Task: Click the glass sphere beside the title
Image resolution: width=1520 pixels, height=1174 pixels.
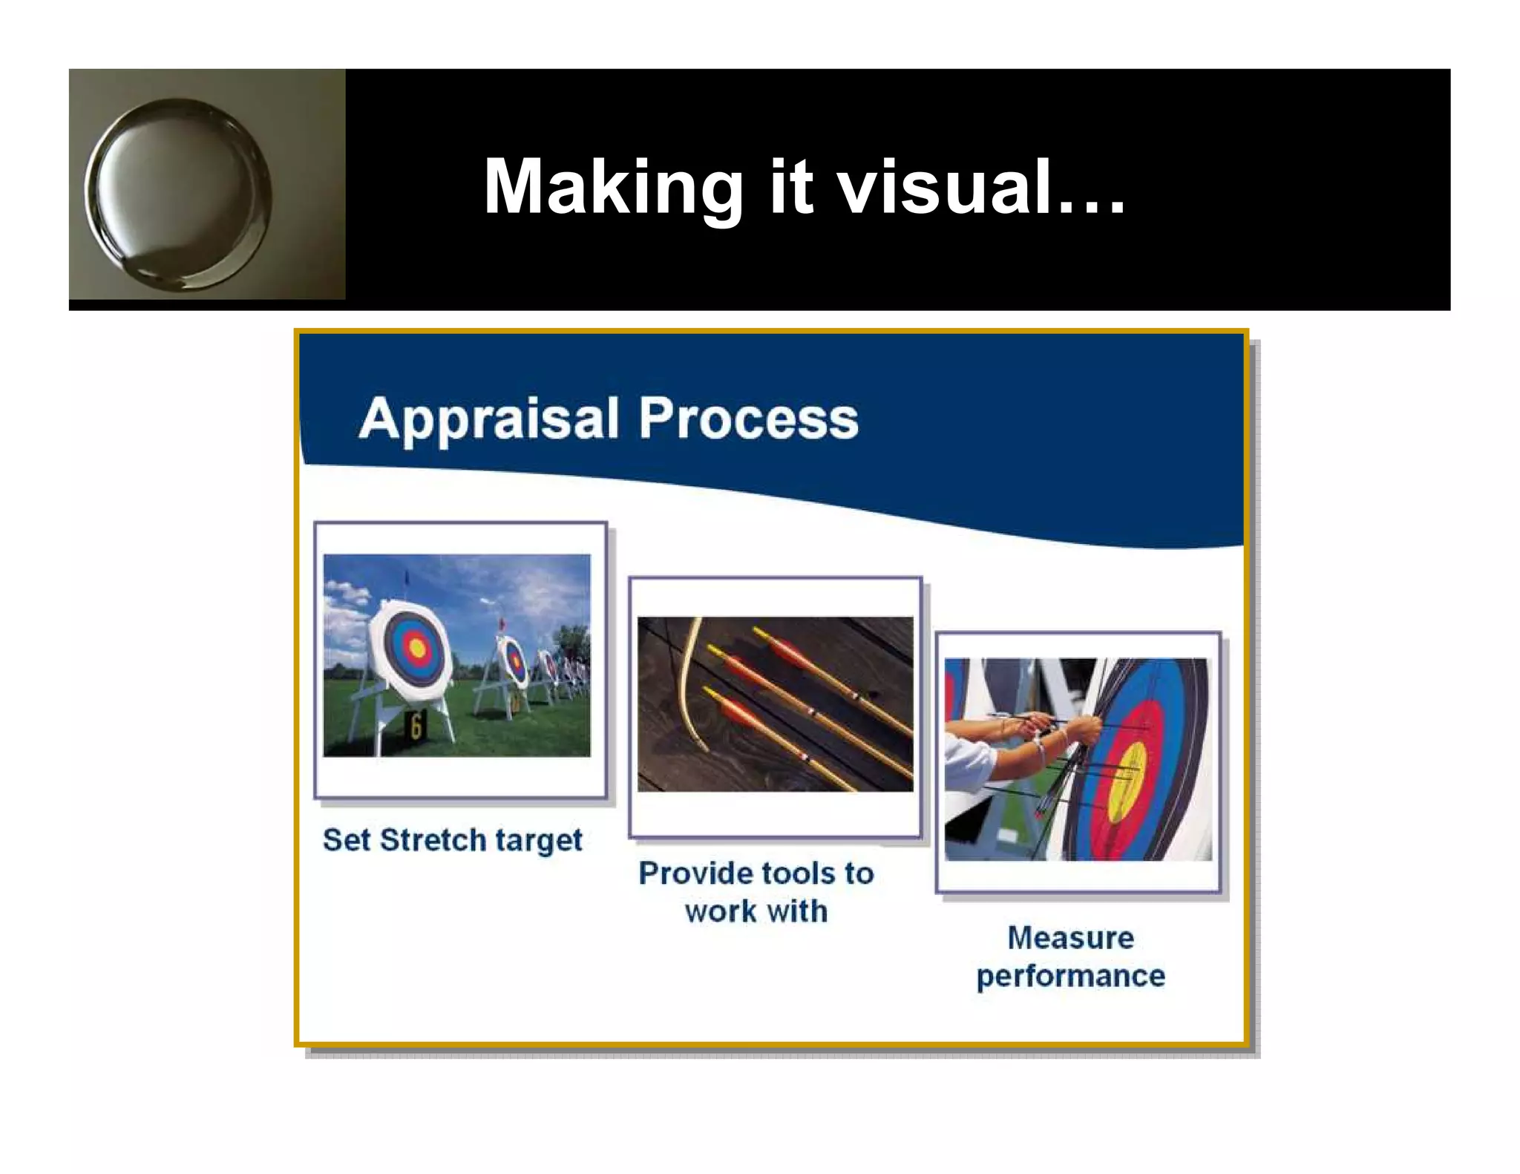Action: coord(179,194)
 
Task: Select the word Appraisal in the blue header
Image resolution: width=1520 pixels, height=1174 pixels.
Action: coord(488,419)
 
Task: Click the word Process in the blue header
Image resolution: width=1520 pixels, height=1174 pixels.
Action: coord(748,419)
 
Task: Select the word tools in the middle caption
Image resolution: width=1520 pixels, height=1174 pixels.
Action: coord(803,873)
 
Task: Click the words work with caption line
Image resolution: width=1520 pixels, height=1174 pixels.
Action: coord(756,911)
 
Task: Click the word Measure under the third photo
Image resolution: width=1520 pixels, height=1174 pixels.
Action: coord(1070,938)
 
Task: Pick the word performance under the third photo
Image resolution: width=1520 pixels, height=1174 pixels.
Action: coord(1070,977)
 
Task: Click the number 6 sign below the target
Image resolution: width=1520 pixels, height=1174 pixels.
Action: coord(416,726)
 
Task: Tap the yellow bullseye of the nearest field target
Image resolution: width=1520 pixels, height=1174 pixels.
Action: coord(417,649)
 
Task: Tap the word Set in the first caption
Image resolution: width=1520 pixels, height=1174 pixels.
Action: coord(346,840)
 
